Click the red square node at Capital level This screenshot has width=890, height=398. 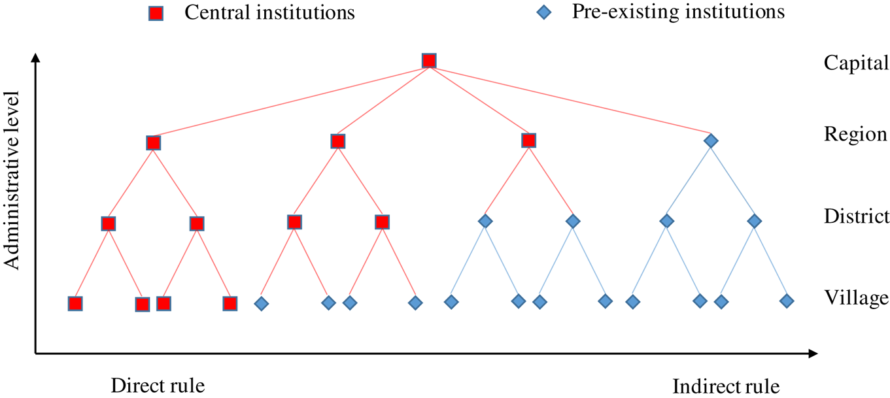pyautogui.click(x=429, y=61)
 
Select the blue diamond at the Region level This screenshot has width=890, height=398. pyautogui.click(x=711, y=141)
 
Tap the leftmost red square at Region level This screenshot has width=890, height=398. pyautogui.click(x=153, y=143)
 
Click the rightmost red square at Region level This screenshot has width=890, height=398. pyautogui.click(x=529, y=141)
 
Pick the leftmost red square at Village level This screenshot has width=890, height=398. pyautogui.click(x=75, y=303)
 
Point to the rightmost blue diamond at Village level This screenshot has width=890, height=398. pyautogui.click(x=787, y=301)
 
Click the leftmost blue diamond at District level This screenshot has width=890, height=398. pyautogui.click(x=485, y=222)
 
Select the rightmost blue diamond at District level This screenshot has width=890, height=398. pyautogui.click(x=755, y=222)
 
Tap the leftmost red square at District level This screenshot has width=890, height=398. pyautogui.click(x=109, y=224)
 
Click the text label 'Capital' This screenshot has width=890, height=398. pyautogui.click(x=856, y=63)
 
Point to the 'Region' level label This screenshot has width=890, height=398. pyautogui.click(x=855, y=135)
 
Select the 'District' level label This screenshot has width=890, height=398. pyautogui.click(x=857, y=216)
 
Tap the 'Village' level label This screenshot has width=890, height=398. pyautogui.click(x=856, y=298)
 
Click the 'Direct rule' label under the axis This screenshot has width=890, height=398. pyautogui.click(x=158, y=385)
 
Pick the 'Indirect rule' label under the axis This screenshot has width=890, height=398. pyautogui.click(x=726, y=385)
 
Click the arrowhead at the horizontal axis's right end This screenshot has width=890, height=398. pyautogui.click(x=813, y=354)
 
